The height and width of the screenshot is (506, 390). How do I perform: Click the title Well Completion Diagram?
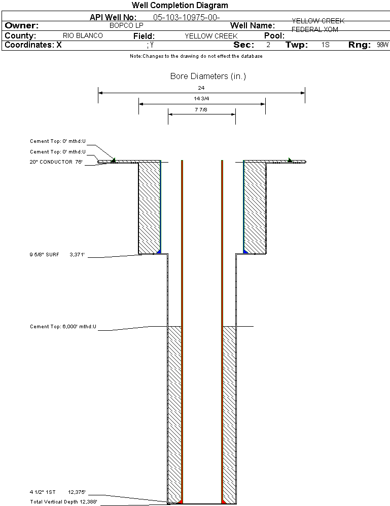[180, 6]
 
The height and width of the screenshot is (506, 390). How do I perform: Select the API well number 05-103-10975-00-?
[186, 17]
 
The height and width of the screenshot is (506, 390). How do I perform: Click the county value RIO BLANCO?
[83, 36]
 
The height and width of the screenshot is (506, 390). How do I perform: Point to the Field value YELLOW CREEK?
[211, 36]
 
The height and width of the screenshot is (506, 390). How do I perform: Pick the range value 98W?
[382, 45]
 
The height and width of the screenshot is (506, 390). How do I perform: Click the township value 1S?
[325, 45]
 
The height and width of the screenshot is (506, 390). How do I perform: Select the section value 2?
[268, 45]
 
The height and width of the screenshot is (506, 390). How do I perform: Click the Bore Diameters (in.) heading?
[208, 76]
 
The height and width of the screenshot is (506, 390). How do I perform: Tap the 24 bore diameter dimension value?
[201, 88]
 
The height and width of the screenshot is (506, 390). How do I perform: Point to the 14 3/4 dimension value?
[201, 99]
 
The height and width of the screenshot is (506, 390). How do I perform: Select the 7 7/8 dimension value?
[201, 109]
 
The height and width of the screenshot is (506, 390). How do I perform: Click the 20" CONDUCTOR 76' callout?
[56, 162]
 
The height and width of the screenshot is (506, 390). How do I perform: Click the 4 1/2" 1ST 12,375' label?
[57, 492]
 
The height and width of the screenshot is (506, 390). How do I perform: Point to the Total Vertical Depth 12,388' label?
[63, 501]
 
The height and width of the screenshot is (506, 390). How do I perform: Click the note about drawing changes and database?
[196, 56]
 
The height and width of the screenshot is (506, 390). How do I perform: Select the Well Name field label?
[253, 25]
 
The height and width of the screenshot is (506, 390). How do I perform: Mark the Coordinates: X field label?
[33, 45]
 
